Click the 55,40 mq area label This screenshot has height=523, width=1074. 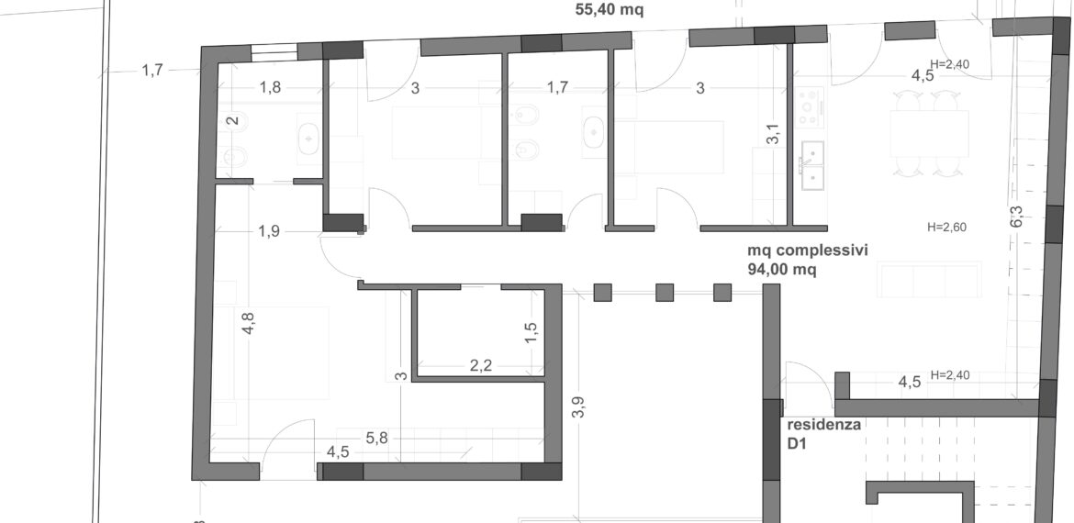coord(609,9)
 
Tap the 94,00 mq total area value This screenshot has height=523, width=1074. coord(781,270)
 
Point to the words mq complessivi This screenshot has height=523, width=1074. coord(808,250)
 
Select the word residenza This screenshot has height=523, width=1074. coord(824,425)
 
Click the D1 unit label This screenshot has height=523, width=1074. coord(797,444)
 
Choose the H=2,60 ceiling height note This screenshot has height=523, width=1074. coord(946,228)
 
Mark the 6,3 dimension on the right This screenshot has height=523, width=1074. coord(1017,217)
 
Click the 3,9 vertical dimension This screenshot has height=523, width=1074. coord(580,407)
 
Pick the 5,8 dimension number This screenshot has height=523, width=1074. coord(376,438)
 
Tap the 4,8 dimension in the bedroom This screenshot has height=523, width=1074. coord(248,322)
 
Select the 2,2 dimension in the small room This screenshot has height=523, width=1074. coord(481,365)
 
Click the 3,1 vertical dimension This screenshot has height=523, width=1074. coord(773,134)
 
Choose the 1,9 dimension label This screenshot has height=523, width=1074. coord(269,231)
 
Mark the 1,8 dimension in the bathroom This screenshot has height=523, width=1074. coord(271,87)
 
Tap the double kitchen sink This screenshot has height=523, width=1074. coord(812,166)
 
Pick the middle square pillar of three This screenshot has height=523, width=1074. coord(665,293)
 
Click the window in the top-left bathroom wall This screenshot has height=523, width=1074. coord(274,52)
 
